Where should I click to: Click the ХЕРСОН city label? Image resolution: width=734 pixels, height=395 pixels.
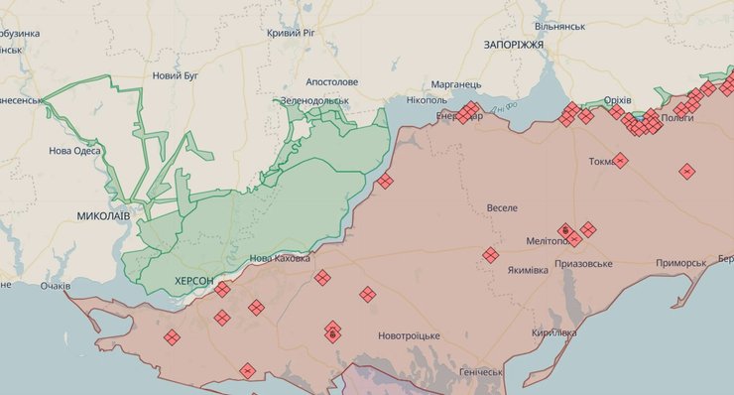(x=193, y=282)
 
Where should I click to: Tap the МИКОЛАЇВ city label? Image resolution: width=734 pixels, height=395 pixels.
(x=104, y=215)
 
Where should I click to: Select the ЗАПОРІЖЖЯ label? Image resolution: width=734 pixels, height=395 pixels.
(x=513, y=46)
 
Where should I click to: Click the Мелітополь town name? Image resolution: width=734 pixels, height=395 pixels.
(x=549, y=241)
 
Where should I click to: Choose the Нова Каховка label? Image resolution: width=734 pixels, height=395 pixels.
(x=280, y=258)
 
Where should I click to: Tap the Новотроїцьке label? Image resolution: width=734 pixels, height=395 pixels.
(x=409, y=335)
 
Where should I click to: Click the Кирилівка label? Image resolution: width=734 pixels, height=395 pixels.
(x=553, y=332)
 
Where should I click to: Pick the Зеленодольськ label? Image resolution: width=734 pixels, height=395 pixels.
(x=315, y=101)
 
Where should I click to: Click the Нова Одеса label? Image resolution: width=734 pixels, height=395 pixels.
(x=74, y=152)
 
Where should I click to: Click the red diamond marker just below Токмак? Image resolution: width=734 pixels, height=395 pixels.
(x=620, y=160)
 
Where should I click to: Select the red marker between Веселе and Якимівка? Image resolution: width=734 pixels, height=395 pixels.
(x=490, y=255)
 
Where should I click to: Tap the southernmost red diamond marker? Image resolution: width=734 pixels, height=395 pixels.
(x=247, y=371)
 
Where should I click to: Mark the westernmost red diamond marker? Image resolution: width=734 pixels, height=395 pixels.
(x=172, y=337)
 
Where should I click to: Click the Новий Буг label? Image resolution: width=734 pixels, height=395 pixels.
(x=175, y=75)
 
